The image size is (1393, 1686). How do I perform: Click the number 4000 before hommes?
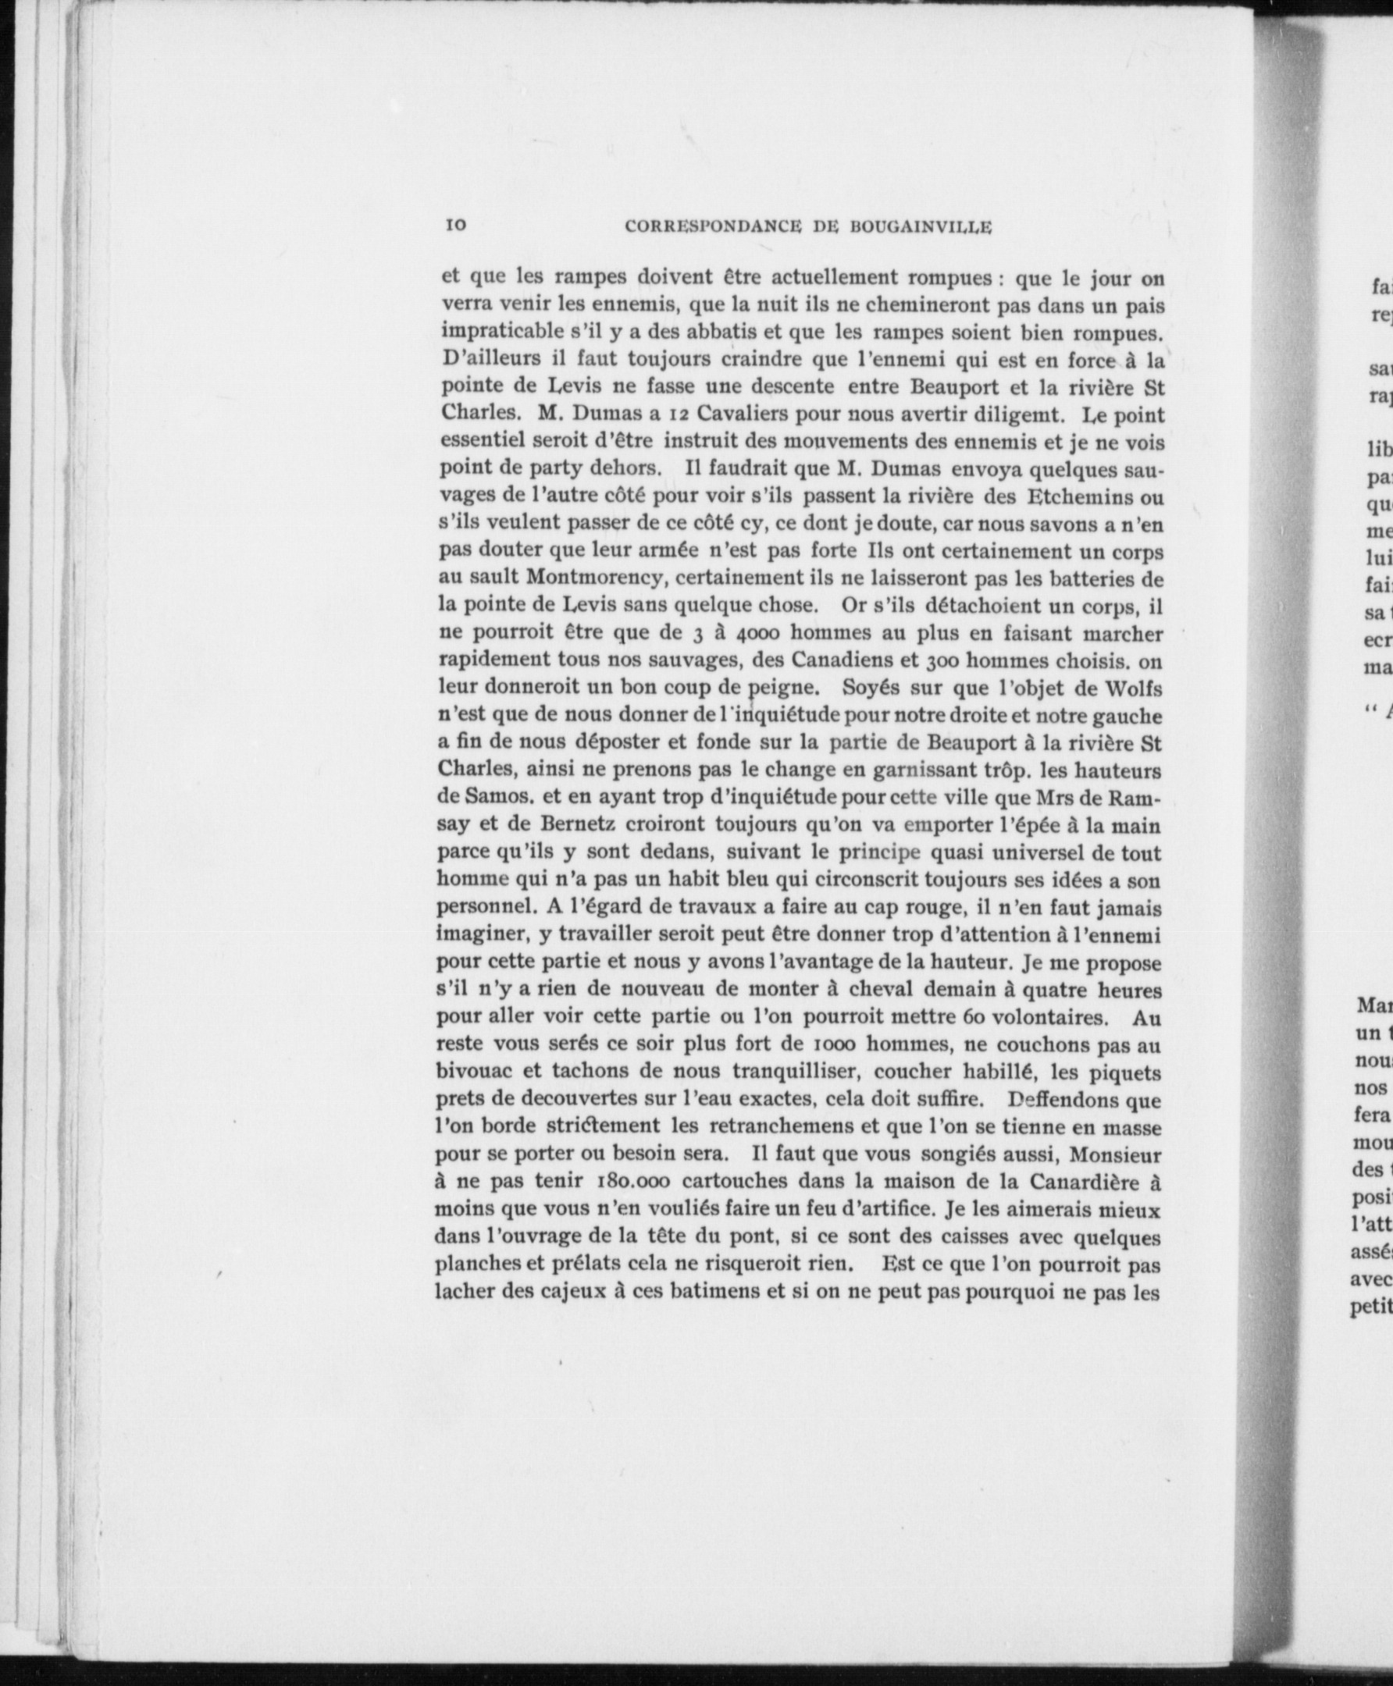(x=754, y=634)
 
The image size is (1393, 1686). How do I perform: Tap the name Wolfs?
(x=1133, y=688)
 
